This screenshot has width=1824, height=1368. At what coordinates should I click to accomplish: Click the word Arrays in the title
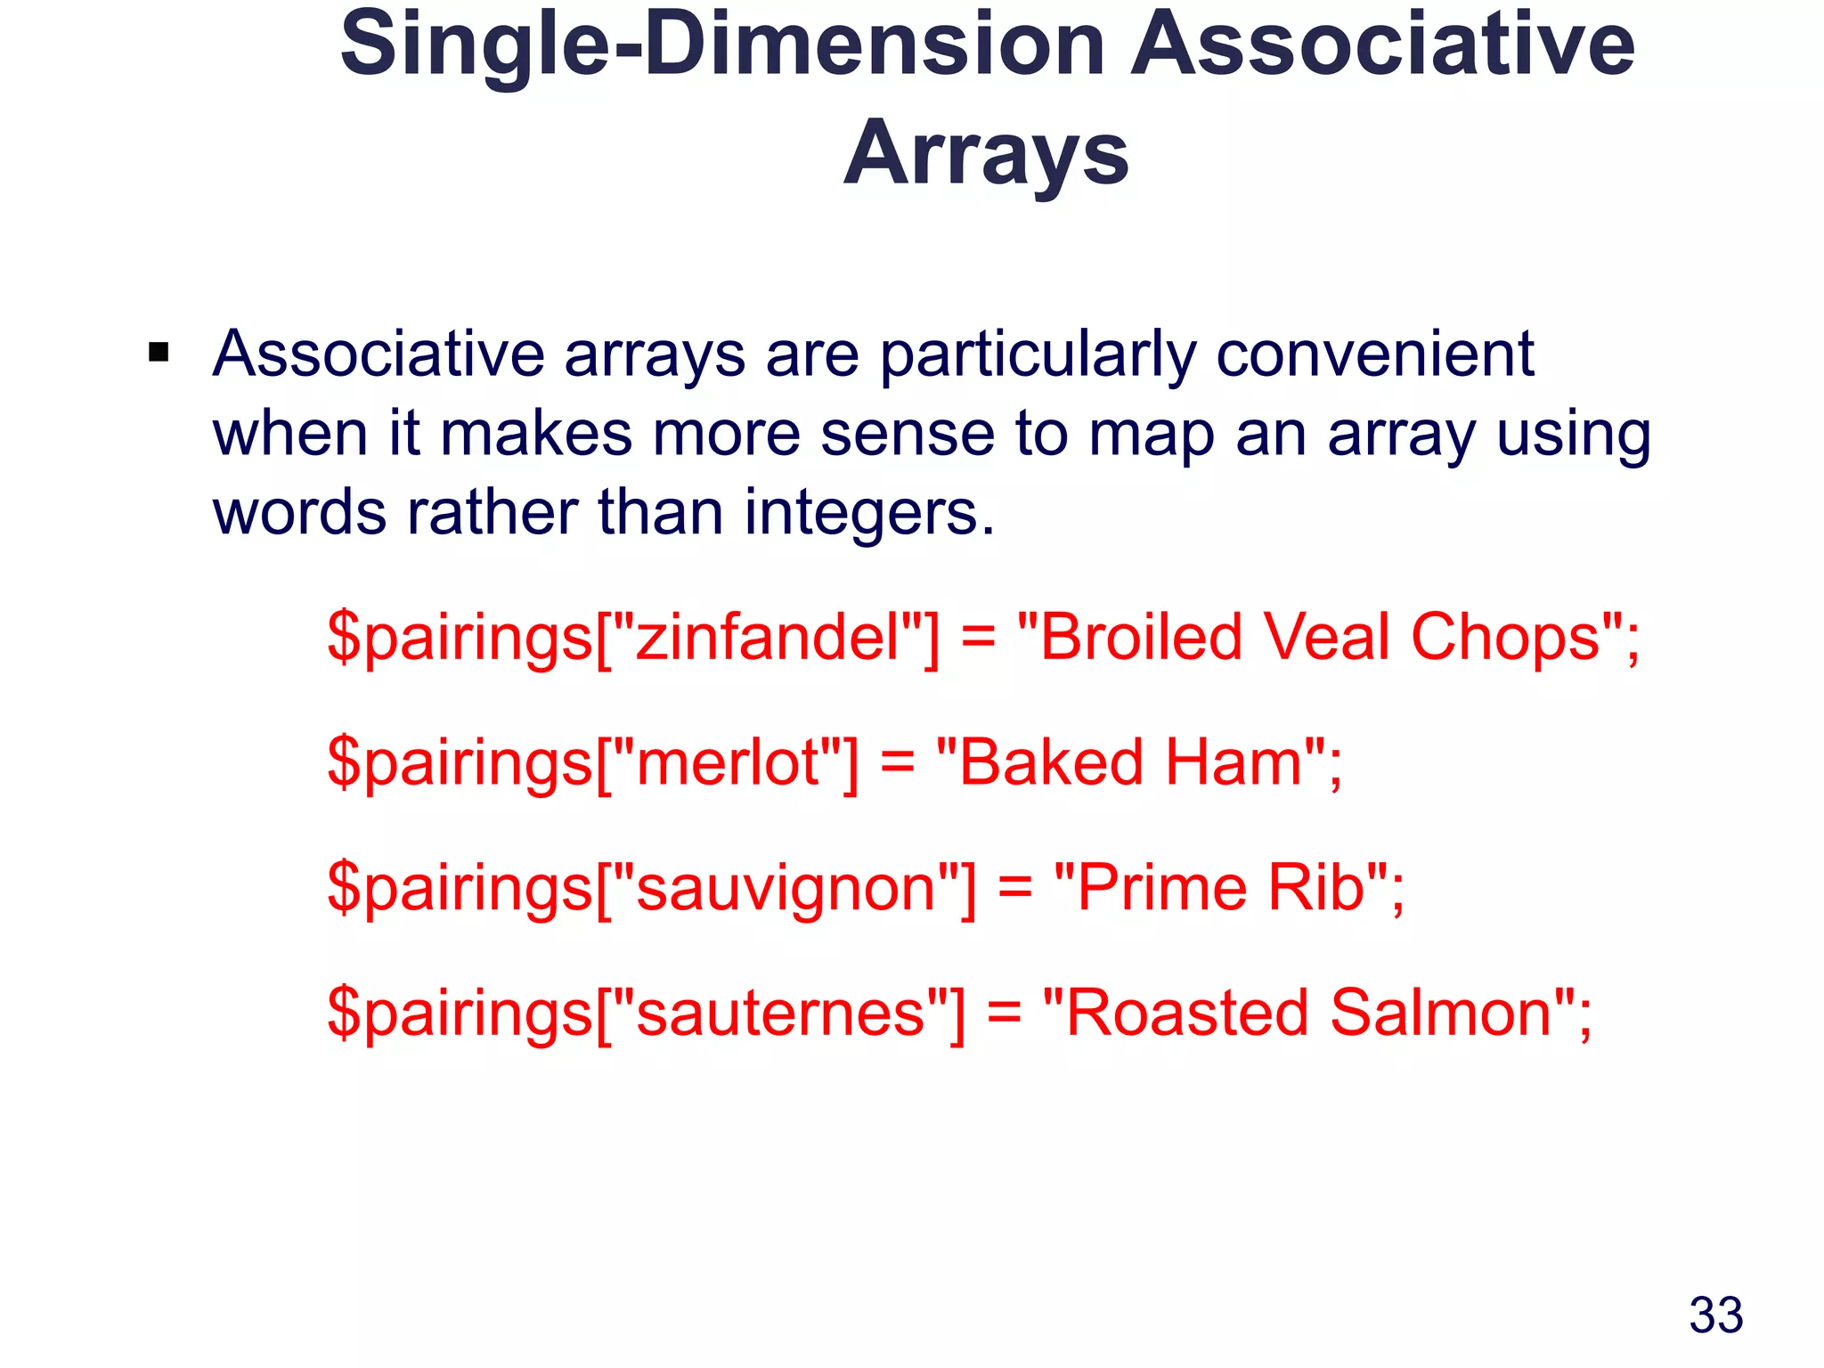pyautogui.click(x=986, y=153)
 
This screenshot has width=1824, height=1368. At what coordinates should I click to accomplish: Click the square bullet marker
pyautogui.click(x=159, y=353)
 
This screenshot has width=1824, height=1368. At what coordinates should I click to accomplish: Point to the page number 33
pyautogui.click(x=1715, y=1315)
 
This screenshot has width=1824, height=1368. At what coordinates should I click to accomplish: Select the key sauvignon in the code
pyautogui.click(x=786, y=888)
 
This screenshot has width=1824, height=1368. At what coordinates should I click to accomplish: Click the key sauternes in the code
pyautogui.click(x=780, y=1014)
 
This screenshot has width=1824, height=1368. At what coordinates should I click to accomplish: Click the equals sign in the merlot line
pyautogui.click(x=897, y=763)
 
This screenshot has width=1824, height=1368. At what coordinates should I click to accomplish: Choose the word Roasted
pyautogui.click(x=1186, y=1014)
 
